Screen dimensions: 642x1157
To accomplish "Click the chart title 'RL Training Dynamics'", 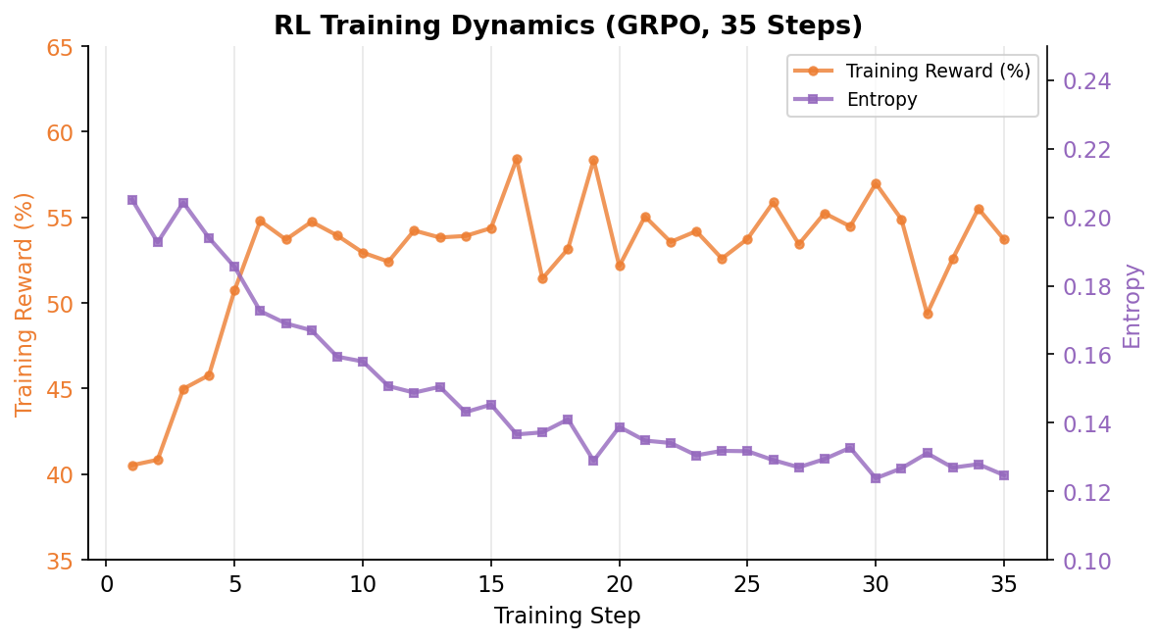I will [x=568, y=25].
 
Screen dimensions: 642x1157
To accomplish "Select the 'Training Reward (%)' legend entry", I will [x=937, y=72].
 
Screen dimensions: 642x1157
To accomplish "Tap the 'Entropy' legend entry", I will [x=881, y=99].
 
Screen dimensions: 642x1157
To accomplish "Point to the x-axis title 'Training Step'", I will [x=567, y=617].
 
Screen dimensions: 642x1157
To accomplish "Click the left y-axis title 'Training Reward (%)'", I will [x=25, y=304].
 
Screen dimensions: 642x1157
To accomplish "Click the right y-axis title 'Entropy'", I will [x=1132, y=305].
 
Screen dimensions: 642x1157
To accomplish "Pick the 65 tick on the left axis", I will [x=60, y=47].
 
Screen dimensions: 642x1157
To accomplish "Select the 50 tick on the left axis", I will [x=60, y=304].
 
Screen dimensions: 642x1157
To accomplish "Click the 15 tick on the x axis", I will [x=491, y=585].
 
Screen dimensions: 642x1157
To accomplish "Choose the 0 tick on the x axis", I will [x=107, y=585].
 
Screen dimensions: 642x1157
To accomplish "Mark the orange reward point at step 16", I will [x=517, y=159].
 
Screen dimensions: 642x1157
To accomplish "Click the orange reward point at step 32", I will [x=928, y=314].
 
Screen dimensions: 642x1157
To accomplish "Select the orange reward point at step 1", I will [x=132, y=466].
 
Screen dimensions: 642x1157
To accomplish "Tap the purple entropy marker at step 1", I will [x=132, y=200].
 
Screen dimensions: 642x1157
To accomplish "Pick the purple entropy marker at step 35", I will [x=1004, y=475].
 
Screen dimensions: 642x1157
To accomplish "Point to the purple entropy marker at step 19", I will [x=593, y=460].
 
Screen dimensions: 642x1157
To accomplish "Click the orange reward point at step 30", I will [x=876, y=184].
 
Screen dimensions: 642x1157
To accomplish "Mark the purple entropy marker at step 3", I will [x=183, y=203].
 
